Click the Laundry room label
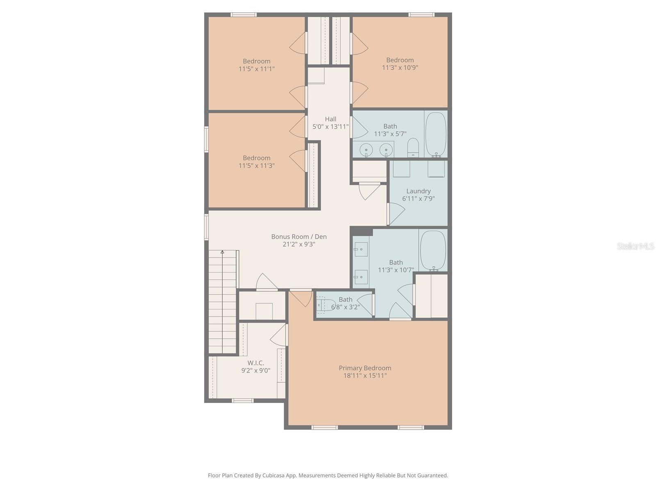tap(418, 191)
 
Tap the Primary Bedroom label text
tap(365, 368)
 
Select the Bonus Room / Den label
tap(299, 237)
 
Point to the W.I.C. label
tap(255, 363)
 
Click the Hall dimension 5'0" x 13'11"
tap(330, 127)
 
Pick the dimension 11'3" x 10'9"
tap(400, 68)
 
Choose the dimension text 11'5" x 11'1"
tap(256, 69)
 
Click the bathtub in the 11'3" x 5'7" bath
tap(436, 134)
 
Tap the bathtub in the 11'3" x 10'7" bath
tap(433, 251)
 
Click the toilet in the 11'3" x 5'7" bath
tap(413, 147)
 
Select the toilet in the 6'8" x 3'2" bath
tap(323, 305)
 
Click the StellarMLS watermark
tap(635, 246)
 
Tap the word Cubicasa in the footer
tap(273, 475)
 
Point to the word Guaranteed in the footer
tap(433, 475)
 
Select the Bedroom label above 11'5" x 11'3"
tap(256, 158)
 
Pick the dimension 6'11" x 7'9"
tap(418, 199)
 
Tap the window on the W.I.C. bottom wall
tap(243, 401)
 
